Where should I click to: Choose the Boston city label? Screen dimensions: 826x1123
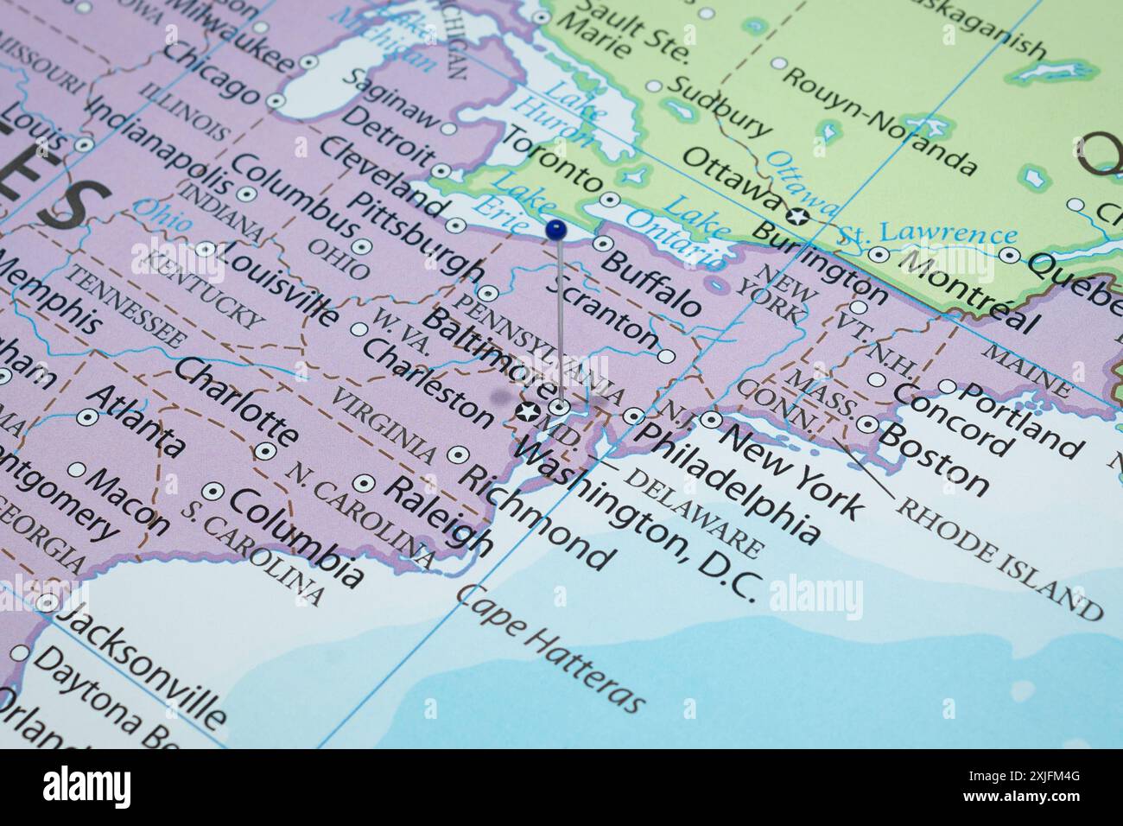click(x=934, y=458)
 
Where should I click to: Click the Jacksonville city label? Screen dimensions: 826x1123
click(x=143, y=665)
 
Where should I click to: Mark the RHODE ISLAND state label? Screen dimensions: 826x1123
click(x=999, y=559)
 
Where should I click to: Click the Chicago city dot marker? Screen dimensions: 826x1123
click(x=276, y=101)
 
